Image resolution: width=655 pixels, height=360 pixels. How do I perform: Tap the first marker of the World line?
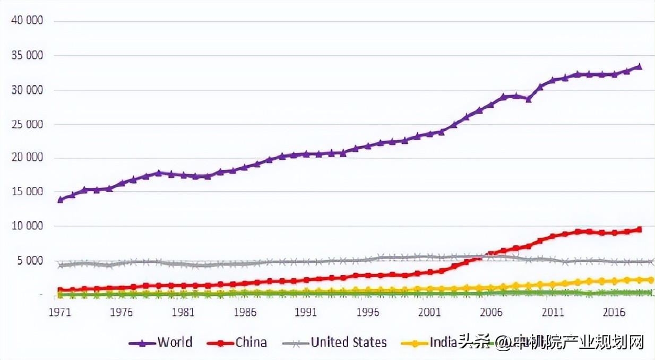pos(61,200)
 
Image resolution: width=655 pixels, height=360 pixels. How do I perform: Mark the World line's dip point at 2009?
pos(528,99)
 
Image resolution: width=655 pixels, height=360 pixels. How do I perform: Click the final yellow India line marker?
pos(651,280)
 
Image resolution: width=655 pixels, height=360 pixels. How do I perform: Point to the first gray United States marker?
pos(61,265)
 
